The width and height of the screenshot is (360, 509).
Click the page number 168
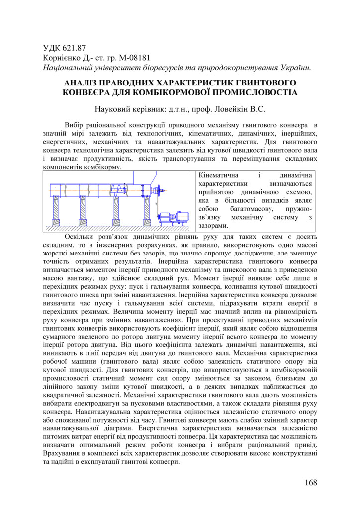[310, 482]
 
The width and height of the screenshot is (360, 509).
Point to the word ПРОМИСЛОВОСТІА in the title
[255, 92]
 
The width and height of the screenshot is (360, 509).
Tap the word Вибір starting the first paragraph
[74, 124]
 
